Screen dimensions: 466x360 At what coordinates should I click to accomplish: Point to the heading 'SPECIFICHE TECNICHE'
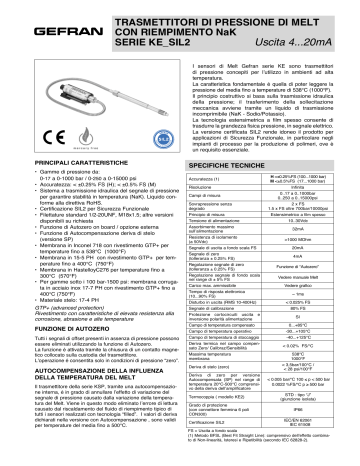(231, 160)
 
